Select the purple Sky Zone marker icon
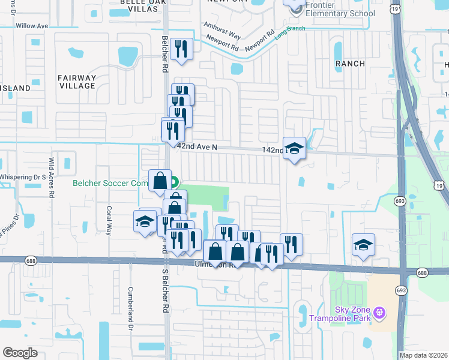point(378,313)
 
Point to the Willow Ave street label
point(32,26)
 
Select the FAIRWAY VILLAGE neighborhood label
point(76,82)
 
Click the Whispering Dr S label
point(23,177)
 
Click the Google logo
point(20,353)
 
